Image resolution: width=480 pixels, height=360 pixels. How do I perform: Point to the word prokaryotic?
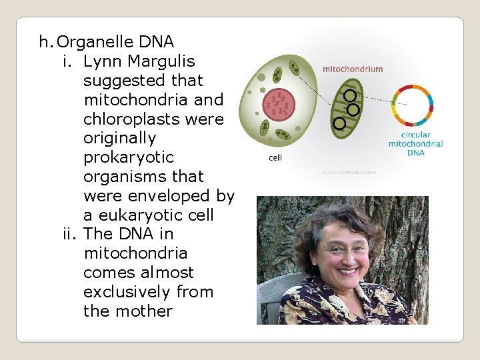pyautogui.click(x=128, y=158)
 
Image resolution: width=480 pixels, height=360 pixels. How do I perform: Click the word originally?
pyautogui.click(x=119, y=139)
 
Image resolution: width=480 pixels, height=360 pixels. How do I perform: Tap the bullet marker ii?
pyautogui.click(x=70, y=235)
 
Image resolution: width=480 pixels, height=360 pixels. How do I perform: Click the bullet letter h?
pyautogui.click(x=45, y=43)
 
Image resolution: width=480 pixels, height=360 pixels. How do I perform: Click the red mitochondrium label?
pyautogui.click(x=353, y=69)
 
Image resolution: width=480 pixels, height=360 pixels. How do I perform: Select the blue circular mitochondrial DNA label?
pyautogui.click(x=416, y=143)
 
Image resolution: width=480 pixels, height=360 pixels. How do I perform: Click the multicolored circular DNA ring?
pyautogui.click(x=412, y=105)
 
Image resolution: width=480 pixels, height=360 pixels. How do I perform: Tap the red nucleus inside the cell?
pyautogui.click(x=279, y=104)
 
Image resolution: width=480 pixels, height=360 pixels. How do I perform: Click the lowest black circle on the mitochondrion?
pyautogui.click(x=340, y=123)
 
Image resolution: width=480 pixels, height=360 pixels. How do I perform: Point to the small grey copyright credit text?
pyautogui.click(x=349, y=172)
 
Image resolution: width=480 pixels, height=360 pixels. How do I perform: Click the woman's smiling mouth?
pyautogui.click(x=347, y=271)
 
